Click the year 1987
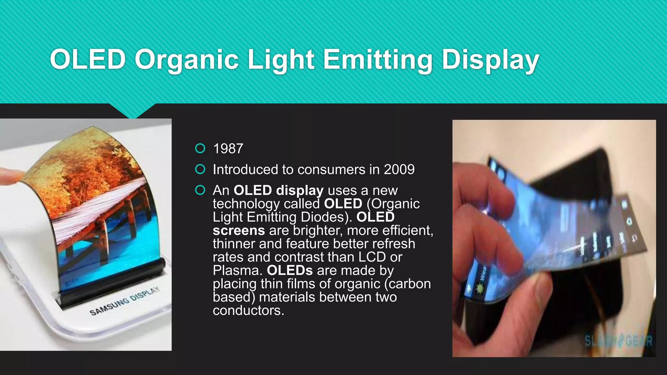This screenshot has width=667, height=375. [228, 149]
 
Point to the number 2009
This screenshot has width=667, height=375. [399, 170]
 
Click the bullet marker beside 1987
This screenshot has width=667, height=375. [200, 148]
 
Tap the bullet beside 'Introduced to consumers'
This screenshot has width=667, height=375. [200, 169]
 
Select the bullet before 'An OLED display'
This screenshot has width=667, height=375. [200, 190]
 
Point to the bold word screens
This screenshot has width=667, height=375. [239, 230]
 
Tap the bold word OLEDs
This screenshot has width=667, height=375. [290, 271]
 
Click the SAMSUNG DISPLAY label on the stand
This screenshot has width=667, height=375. [125, 301]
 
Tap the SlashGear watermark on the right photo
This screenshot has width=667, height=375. [618, 341]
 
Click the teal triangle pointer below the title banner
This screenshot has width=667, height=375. [132, 111]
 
